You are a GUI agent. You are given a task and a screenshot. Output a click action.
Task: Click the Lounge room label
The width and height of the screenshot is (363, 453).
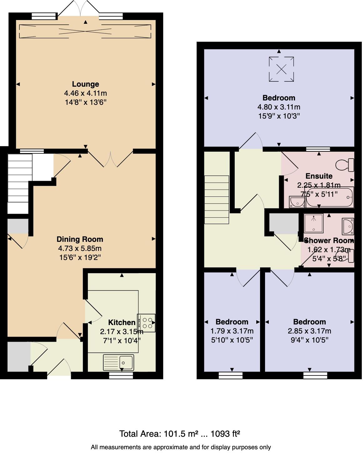[x=85, y=84]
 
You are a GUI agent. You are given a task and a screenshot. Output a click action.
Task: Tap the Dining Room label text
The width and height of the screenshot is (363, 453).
[x=80, y=239]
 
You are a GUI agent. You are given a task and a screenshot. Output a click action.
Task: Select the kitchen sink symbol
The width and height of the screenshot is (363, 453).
[x=119, y=362]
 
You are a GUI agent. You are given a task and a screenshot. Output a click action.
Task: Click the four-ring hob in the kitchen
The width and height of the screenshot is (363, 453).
[x=146, y=323]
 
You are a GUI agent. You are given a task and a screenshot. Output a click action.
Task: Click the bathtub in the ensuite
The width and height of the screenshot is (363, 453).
[x=330, y=198]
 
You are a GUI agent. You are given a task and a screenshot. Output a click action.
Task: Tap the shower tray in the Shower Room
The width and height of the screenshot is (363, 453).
[x=313, y=223]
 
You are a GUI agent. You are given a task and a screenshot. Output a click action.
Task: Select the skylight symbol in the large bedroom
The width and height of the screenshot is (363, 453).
[x=281, y=69]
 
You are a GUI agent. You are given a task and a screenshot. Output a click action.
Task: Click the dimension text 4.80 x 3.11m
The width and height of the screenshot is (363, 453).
[x=279, y=107]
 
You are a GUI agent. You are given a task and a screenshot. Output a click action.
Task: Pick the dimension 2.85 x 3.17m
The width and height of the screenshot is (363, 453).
[x=309, y=331]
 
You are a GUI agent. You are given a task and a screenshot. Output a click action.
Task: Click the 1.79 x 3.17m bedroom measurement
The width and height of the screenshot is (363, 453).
[x=232, y=331]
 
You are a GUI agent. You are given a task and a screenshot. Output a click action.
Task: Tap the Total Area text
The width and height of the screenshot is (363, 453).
[x=180, y=434]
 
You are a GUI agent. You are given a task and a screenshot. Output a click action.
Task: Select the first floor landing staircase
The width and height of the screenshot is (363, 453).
[x=217, y=200]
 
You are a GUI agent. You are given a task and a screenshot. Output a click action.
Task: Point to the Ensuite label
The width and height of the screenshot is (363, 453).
[x=319, y=176]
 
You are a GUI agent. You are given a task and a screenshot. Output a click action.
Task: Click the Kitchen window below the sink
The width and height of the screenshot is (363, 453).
[x=121, y=375]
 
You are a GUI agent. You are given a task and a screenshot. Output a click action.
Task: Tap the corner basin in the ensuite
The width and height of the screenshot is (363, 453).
[x=296, y=202]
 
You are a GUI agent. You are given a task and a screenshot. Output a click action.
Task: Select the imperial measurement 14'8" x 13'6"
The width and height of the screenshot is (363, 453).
[x=85, y=102]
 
